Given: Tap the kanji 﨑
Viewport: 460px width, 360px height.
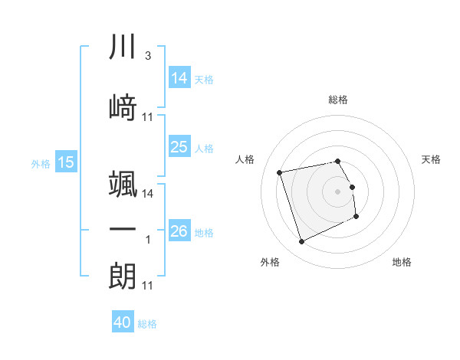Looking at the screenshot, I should (123, 107).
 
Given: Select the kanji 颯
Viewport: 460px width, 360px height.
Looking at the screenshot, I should (123, 185).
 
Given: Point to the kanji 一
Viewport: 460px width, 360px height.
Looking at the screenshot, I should (123, 231).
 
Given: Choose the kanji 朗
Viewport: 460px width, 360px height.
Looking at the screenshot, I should (123, 277).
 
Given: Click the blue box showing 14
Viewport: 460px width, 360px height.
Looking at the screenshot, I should (179, 78).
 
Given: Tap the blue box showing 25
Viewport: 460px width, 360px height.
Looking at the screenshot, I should (179, 147).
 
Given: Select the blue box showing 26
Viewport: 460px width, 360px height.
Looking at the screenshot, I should (179, 231).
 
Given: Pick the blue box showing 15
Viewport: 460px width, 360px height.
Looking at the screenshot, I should (66, 162).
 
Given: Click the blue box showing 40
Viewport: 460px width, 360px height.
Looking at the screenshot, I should (123, 322).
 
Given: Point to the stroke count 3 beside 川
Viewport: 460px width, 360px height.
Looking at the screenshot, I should (147, 57).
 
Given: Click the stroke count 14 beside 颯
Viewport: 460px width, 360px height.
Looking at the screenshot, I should (148, 194).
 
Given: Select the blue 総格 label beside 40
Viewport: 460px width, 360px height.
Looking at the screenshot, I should (147, 324).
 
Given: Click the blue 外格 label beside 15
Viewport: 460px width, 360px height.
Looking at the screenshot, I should (41, 164).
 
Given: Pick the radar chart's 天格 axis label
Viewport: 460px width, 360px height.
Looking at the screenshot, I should (432, 159).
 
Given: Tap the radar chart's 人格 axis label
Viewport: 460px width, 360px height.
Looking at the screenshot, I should (245, 159).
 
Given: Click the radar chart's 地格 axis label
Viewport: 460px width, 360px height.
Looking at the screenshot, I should (402, 262).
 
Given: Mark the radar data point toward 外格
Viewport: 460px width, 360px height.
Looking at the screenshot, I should (301, 242).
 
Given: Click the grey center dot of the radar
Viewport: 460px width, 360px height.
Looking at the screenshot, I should (337, 190).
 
